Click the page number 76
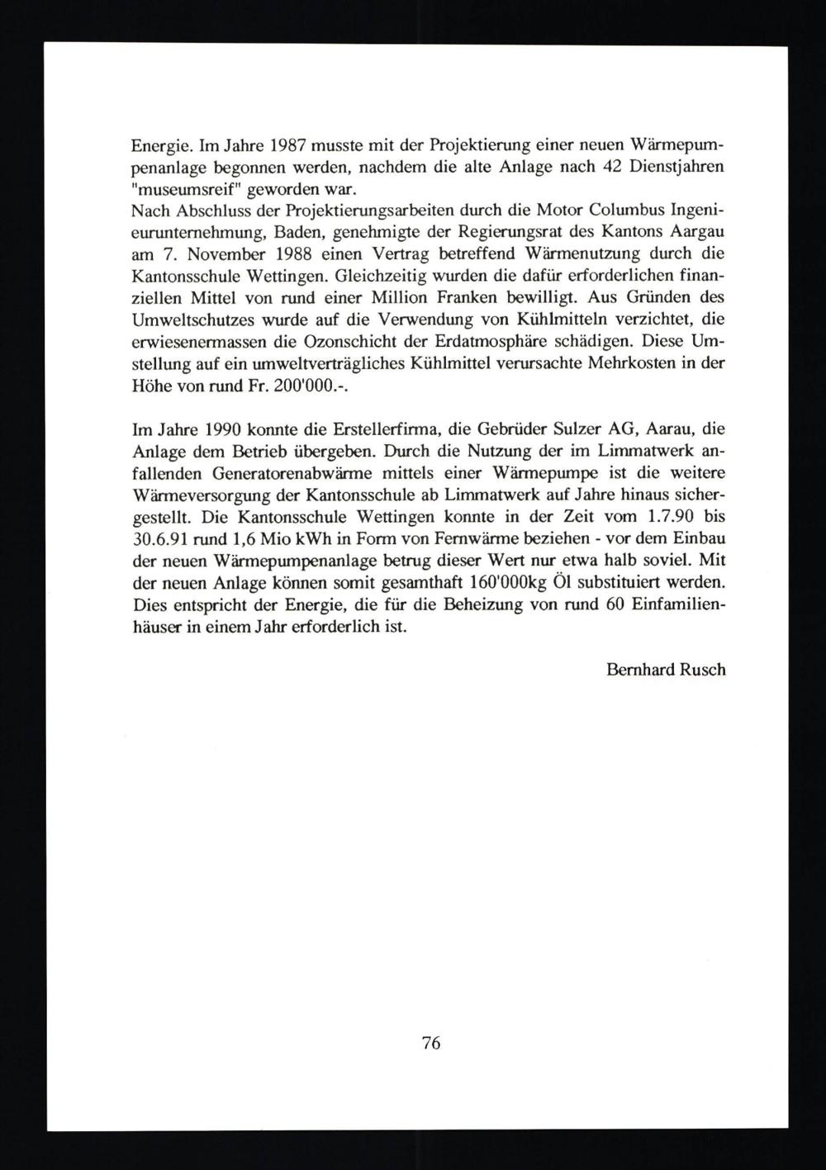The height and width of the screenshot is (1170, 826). coord(431,1043)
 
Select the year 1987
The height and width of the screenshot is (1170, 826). coord(287,147)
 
